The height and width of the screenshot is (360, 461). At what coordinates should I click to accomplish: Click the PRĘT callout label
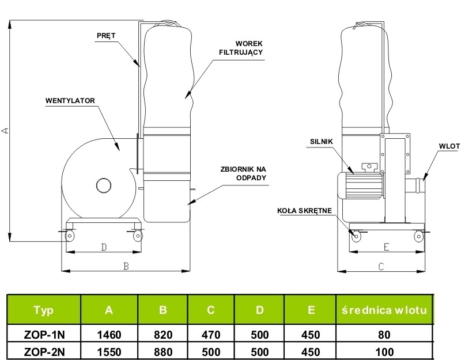(x=106, y=36)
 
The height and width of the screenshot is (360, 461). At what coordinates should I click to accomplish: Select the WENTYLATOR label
(x=70, y=101)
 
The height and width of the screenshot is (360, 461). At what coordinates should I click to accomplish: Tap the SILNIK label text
(x=322, y=142)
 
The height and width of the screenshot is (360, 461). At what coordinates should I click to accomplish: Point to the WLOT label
(x=449, y=146)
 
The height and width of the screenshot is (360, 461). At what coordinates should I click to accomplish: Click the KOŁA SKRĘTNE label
(x=304, y=211)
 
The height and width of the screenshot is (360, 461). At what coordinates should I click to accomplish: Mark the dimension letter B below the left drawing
(x=126, y=266)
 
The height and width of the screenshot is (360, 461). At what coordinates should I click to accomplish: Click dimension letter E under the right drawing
(x=386, y=247)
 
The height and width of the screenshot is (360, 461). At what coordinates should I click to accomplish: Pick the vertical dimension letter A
(x=5, y=131)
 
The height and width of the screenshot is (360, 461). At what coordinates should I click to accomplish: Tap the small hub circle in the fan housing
(x=104, y=185)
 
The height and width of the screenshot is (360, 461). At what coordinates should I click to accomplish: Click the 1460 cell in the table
(x=109, y=335)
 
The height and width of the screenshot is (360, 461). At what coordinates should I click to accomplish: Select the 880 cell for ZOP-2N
(x=163, y=352)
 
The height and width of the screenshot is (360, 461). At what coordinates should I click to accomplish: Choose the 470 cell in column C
(x=211, y=335)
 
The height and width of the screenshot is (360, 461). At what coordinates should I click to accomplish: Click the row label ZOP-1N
(x=44, y=335)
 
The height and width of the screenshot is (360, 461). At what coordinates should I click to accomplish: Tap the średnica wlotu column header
(x=384, y=310)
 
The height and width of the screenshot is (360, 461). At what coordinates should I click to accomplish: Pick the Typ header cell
(x=44, y=310)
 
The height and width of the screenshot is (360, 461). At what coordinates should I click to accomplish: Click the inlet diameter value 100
(x=384, y=352)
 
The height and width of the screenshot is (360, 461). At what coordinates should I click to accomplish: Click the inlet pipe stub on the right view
(x=415, y=185)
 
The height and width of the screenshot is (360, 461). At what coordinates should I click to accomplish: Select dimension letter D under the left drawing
(x=104, y=248)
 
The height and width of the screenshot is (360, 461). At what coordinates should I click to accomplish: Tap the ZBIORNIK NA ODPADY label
(x=243, y=173)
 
